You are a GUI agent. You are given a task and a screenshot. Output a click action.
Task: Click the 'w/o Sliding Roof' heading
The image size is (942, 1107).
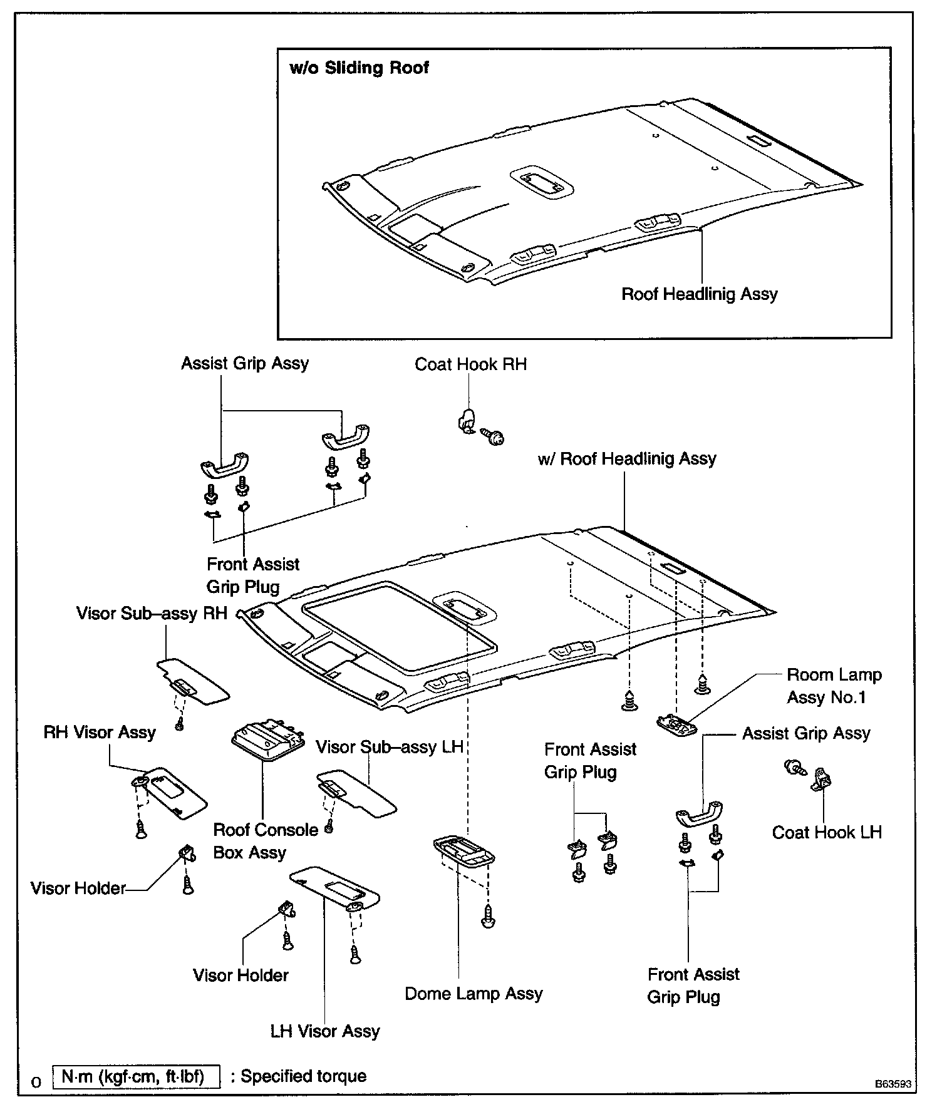point(359,68)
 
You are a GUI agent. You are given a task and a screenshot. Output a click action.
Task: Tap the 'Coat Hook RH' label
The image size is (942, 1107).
point(470,364)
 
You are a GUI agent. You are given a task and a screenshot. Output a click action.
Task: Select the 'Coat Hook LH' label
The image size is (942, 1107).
point(826,832)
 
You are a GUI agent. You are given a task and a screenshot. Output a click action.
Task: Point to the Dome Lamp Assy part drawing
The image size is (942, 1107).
point(464,851)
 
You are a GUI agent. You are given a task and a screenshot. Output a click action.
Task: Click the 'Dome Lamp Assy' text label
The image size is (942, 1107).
point(474,994)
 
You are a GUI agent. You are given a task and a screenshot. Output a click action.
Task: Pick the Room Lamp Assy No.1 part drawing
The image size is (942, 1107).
point(676,724)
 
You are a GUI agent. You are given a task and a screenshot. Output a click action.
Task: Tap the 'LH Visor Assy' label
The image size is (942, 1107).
point(325,1031)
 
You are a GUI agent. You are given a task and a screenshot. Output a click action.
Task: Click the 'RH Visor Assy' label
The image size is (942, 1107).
point(100,732)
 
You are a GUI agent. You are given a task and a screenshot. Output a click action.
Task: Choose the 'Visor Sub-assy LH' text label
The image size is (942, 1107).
point(389,747)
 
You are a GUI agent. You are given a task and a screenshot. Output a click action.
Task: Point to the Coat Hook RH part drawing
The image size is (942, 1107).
point(466,418)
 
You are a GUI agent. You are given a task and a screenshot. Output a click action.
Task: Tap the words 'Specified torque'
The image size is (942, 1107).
point(303,1076)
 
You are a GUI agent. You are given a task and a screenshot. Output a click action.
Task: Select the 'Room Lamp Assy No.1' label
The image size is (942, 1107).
point(834,686)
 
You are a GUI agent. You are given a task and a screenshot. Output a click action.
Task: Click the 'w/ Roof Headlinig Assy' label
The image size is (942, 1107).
point(627,459)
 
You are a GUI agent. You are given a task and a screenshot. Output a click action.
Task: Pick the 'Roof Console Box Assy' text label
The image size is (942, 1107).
point(265,841)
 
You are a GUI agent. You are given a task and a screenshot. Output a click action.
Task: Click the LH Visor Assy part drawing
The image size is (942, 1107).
point(334,887)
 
